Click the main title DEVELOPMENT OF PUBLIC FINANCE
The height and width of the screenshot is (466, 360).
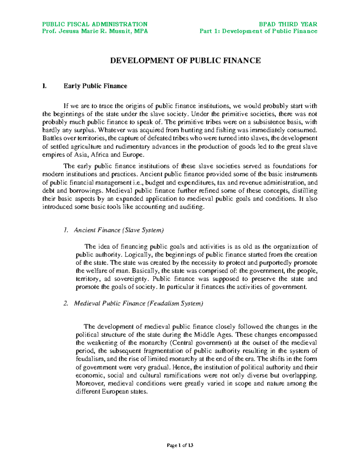tap(185, 61)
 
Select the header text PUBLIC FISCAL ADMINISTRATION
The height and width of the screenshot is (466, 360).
tap(94, 24)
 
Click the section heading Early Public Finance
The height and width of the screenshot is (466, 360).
tap(95, 86)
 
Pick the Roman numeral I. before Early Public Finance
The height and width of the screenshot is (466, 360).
tap(44, 86)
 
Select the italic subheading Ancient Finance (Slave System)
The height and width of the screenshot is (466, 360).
tap(119, 230)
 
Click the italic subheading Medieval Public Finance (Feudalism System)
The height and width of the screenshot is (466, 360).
tap(138, 303)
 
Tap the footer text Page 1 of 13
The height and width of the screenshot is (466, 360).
tap(180, 445)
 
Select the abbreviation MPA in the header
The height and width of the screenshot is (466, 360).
tap(141, 31)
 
